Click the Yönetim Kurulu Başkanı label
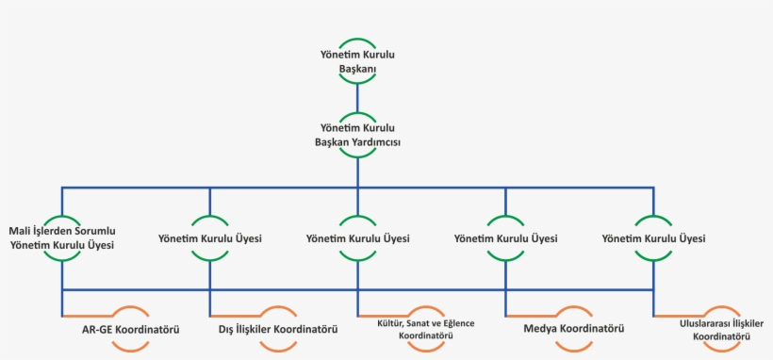pos(356,62)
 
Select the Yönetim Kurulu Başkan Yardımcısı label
pos(357,134)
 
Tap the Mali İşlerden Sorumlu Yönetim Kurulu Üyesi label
pos(61,238)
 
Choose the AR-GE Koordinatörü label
pos(131,330)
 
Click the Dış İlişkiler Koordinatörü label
pos(278,330)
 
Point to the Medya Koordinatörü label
pos(573,330)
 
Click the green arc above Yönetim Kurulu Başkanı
pos(357,41)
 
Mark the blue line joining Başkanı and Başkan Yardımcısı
pos(357,97)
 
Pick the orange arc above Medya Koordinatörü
pos(573,310)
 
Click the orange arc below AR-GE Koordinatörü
pos(131,349)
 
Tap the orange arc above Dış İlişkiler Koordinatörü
pos(278,310)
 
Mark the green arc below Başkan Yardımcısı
pos(357,155)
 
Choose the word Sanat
pos(421,323)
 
